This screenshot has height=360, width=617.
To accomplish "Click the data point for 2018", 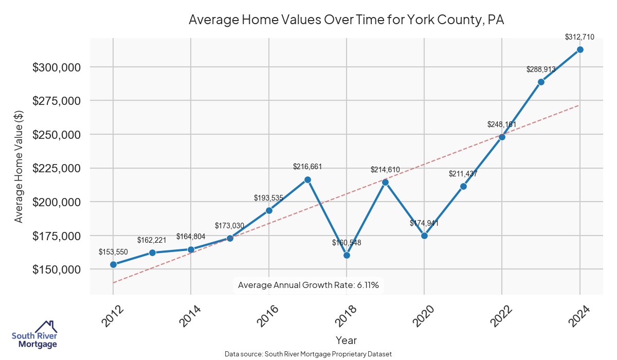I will [347, 255].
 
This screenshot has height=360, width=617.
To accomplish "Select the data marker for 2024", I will [580, 49].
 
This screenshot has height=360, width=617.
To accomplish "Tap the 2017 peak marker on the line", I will [307, 179].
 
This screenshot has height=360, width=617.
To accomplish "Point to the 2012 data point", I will [113, 264].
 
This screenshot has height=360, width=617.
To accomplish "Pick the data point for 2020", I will [424, 236].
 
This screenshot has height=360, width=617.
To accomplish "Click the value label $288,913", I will [541, 69].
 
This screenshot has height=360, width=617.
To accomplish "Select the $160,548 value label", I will [347, 242].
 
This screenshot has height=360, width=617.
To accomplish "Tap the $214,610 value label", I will [385, 169].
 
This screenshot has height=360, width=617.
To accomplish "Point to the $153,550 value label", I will [113, 251].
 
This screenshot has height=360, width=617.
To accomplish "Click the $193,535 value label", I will [269, 197].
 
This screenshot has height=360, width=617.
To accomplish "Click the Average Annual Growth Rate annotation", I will [308, 285].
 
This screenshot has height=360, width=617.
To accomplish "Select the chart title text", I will [346, 20].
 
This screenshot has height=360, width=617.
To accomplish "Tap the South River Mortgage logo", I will [34, 334].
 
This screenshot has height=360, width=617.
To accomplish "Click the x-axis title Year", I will [346, 340].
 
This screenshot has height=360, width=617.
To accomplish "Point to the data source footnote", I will [308, 354].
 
